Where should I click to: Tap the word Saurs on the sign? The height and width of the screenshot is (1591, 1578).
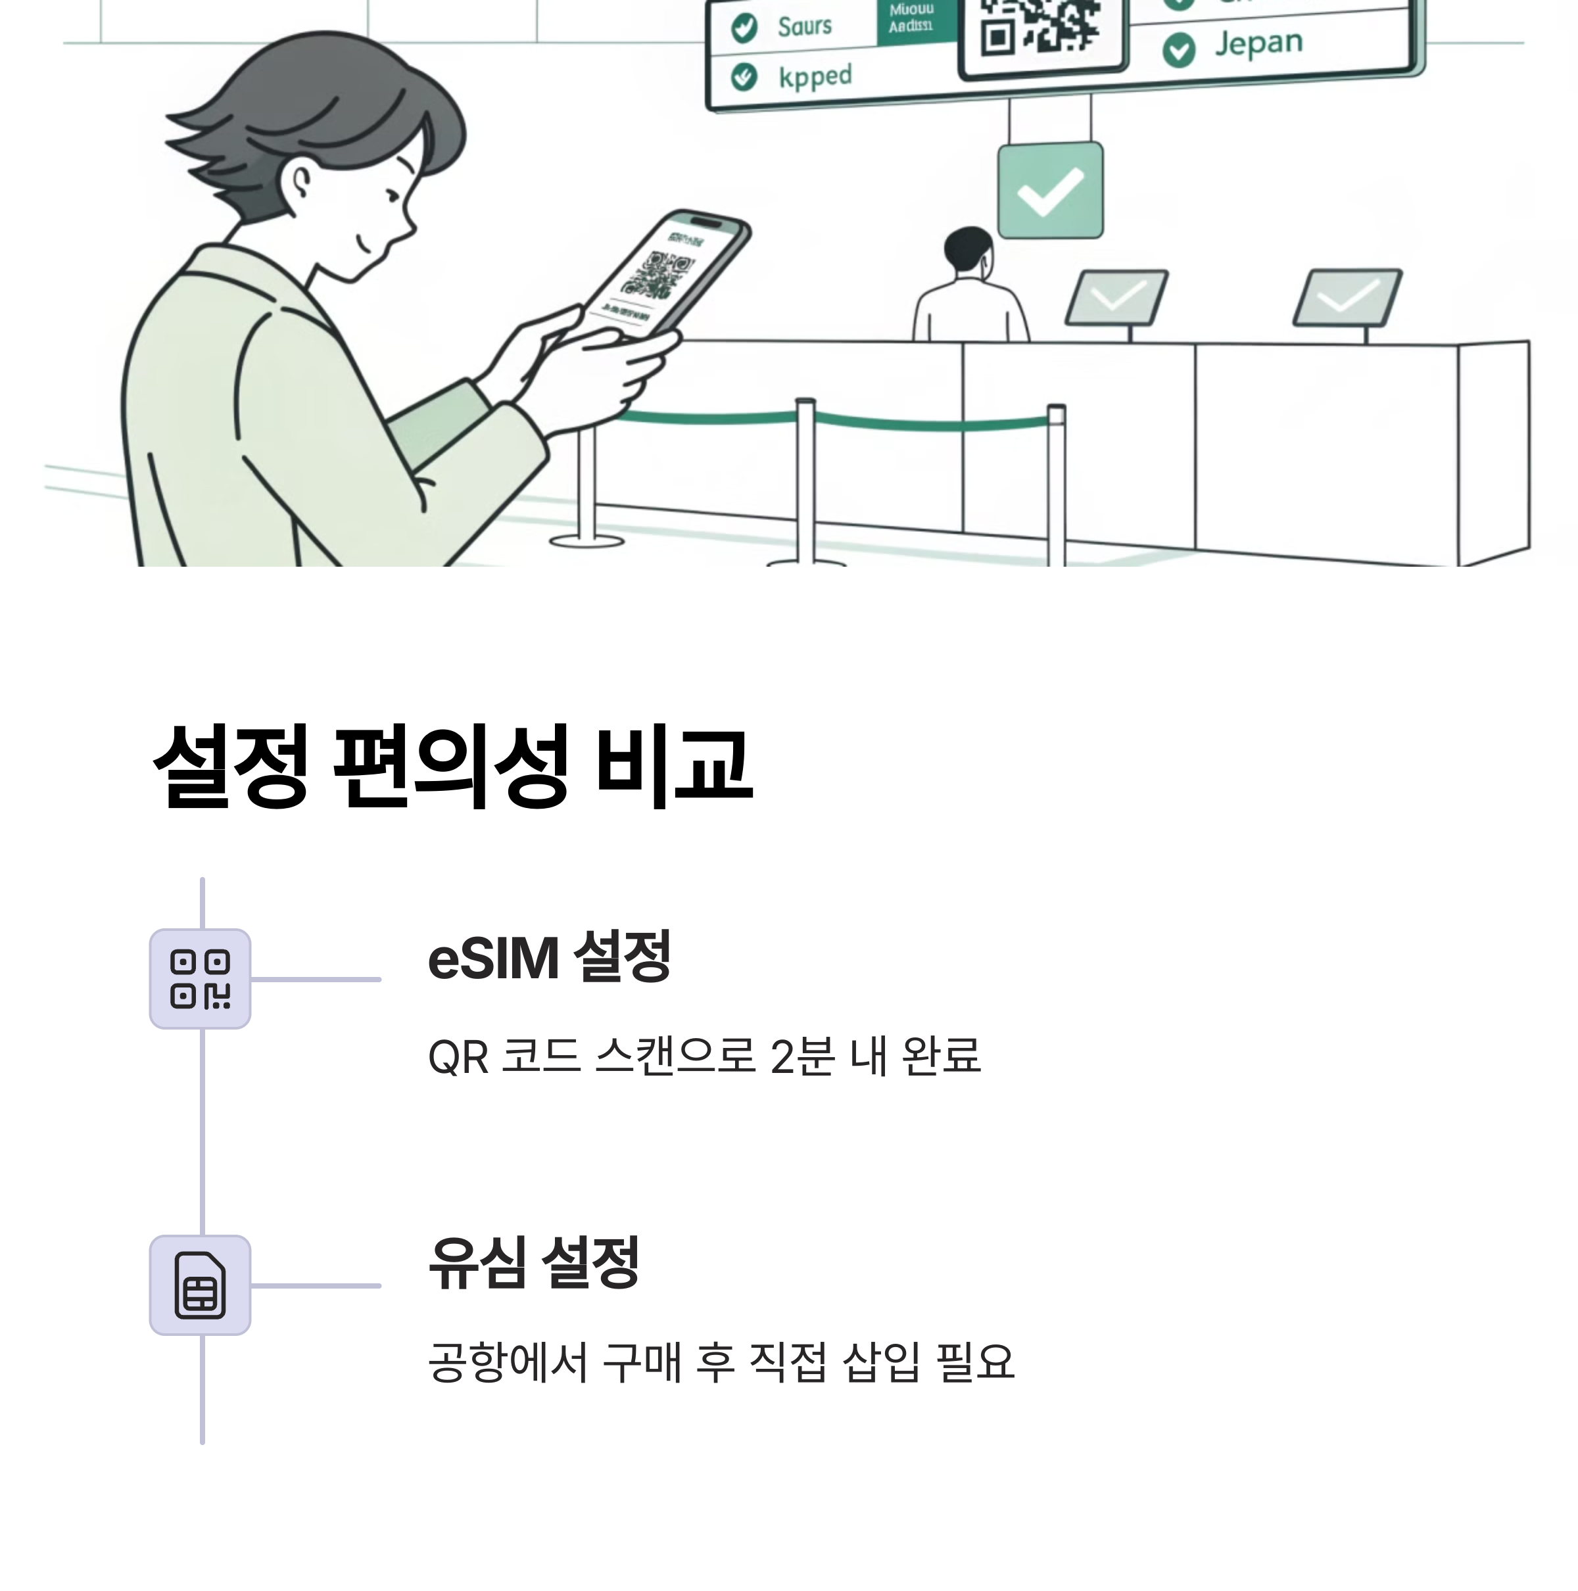pyautogui.click(x=804, y=27)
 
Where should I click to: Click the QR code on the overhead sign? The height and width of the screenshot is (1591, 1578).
pyautogui.click(x=1041, y=28)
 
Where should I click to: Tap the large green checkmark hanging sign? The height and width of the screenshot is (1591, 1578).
pyautogui.click(x=1050, y=190)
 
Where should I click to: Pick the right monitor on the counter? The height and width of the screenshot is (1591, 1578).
pyautogui.click(x=1346, y=297)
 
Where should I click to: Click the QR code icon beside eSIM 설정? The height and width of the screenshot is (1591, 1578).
pyautogui.click(x=200, y=978)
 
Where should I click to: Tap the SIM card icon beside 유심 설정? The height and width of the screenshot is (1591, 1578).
pyautogui.click(x=200, y=1285)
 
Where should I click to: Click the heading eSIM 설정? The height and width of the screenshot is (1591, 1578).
pyautogui.click(x=548, y=958)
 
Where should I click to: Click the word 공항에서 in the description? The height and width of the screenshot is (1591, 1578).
pyautogui.click(x=508, y=1363)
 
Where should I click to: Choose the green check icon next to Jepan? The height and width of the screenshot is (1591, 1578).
pyautogui.click(x=1178, y=50)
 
